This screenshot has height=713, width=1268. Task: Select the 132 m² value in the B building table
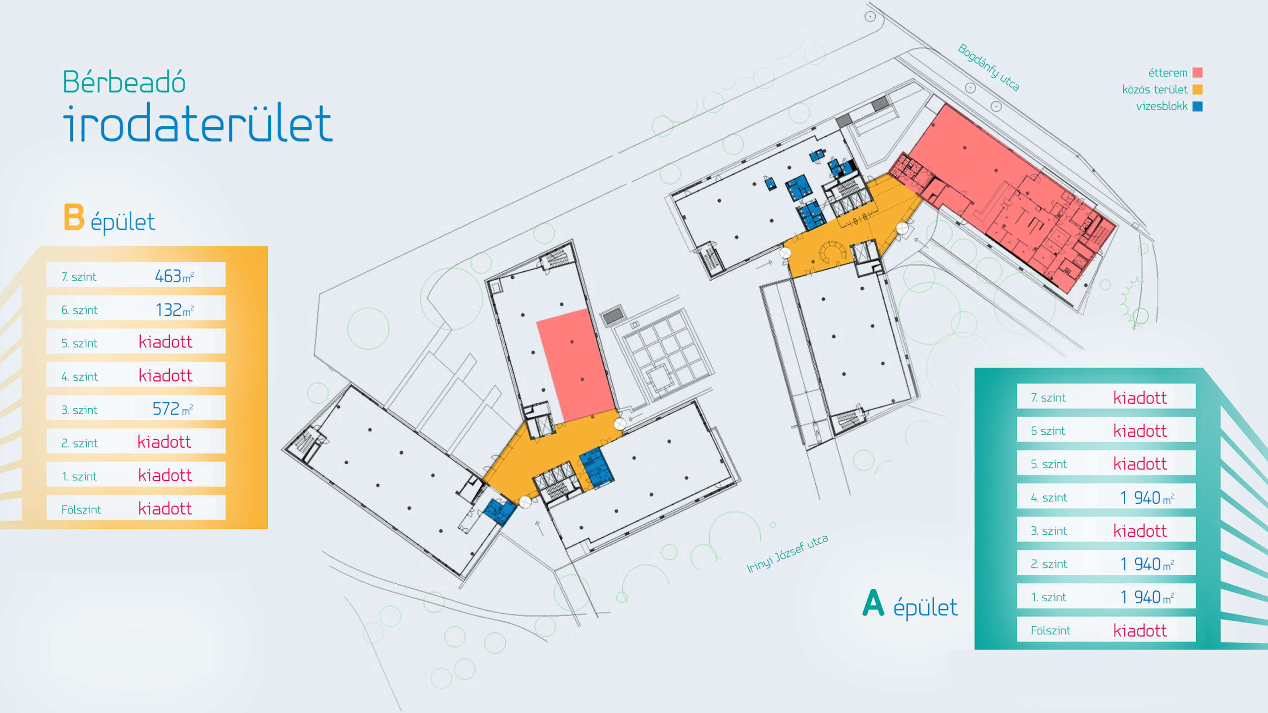pos(174,309)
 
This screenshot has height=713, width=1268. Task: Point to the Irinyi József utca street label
pos(787,554)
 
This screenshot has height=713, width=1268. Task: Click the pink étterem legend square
pos(1197,73)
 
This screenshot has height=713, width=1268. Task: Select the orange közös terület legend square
pos(1197,90)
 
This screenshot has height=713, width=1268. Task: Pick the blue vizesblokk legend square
pos(1197,106)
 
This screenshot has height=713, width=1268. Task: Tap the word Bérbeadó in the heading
pos(124,82)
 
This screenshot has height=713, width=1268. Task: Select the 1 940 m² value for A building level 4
pos(1147,498)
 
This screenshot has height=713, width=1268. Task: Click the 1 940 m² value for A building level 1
pos(1147,597)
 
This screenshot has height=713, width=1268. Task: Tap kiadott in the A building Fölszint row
pos(1140,630)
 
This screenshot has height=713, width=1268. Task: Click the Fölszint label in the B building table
pos(81,509)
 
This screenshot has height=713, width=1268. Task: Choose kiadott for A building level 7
pos(1140,398)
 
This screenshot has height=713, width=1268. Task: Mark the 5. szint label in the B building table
pos(79,343)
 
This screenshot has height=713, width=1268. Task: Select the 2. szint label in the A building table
pos(1049,564)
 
